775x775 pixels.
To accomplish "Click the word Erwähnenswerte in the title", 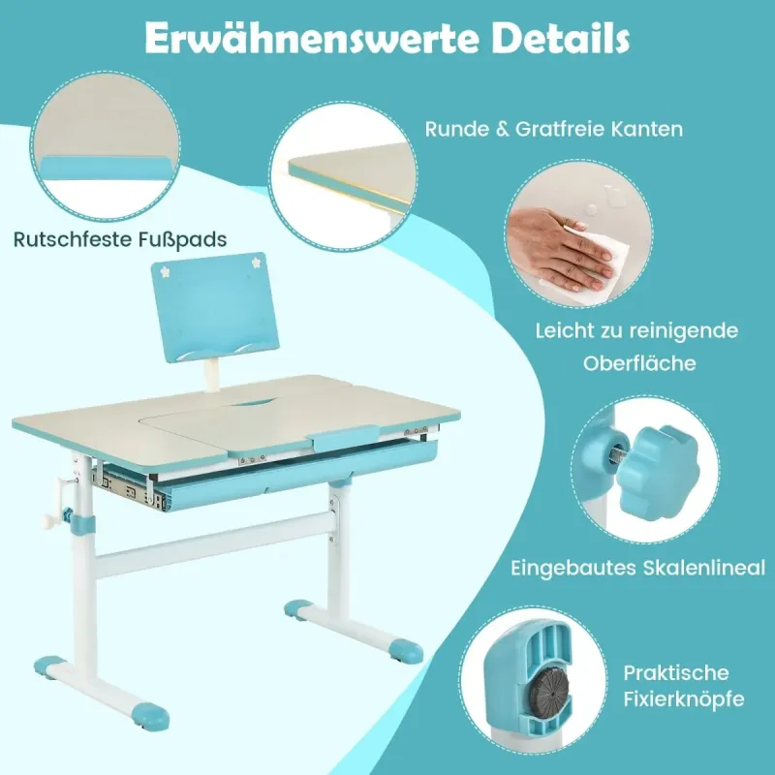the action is (311, 39).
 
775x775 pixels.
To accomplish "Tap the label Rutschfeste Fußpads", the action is (120, 239).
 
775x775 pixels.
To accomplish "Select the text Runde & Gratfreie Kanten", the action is (554, 129).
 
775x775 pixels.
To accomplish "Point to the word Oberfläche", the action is (639, 363).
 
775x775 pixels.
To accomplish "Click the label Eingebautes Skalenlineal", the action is (638, 568).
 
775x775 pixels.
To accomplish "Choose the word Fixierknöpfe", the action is (684, 699).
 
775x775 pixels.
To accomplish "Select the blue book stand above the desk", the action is (214, 306).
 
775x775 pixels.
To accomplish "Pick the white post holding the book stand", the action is (212, 375).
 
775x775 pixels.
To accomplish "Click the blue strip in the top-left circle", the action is (108, 169).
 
